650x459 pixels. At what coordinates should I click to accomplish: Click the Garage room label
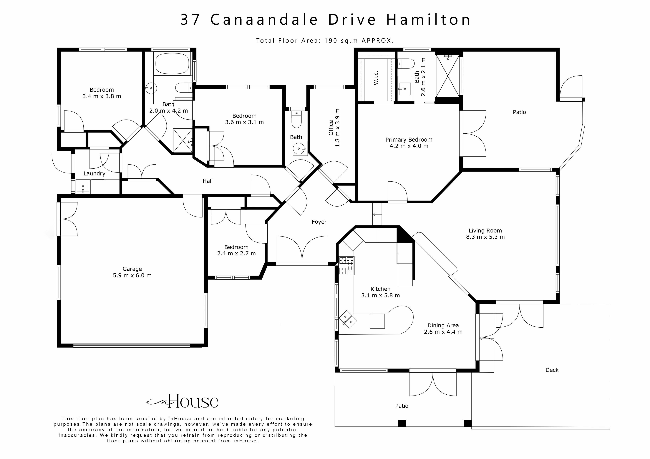click(132, 269)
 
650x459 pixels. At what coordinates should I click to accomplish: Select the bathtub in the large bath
click(172, 64)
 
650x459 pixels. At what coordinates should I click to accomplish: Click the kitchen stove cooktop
click(346, 266)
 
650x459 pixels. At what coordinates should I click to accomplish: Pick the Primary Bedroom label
click(409, 140)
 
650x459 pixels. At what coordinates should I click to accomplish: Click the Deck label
click(552, 370)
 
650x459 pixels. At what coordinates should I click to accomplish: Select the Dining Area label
click(443, 326)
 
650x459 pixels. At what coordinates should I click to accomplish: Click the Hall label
click(208, 181)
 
